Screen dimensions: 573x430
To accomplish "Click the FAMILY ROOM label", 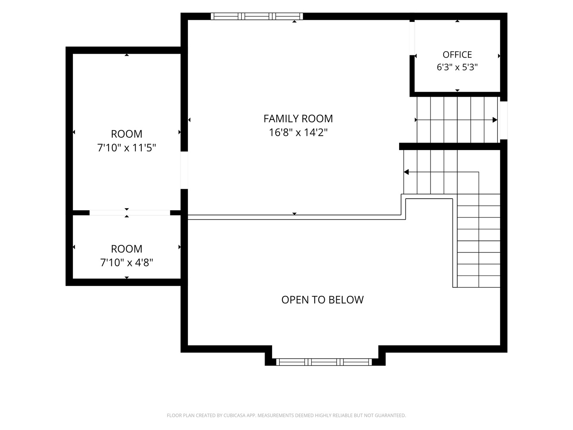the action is [x=298, y=119].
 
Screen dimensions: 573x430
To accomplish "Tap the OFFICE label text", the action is [x=457, y=55].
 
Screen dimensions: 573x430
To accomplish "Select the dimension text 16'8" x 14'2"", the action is [x=298, y=133].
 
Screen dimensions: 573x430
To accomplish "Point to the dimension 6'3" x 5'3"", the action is [x=457, y=67].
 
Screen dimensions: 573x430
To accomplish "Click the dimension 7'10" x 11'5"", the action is [x=127, y=148].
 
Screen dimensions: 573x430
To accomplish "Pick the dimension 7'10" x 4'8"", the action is [x=127, y=262].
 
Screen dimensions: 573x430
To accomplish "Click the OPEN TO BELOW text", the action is [x=322, y=300].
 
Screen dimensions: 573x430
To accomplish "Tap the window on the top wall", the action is [x=257, y=16].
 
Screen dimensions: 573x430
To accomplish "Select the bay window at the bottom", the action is [x=324, y=362].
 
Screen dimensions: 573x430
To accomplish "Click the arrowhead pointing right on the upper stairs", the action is [x=495, y=120].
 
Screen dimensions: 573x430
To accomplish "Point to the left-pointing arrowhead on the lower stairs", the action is [x=406, y=172].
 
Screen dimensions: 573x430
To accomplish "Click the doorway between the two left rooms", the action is [x=130, y=213].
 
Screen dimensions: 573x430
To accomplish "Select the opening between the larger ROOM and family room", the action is [x=184, y=170].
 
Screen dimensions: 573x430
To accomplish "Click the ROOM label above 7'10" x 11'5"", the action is [x=127, y=134].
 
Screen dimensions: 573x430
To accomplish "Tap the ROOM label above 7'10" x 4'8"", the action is [x=127, y=249].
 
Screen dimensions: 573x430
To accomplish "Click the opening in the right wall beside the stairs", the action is [x=503, y=120].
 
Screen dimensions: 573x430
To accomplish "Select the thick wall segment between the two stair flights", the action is [x=450, y=147].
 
